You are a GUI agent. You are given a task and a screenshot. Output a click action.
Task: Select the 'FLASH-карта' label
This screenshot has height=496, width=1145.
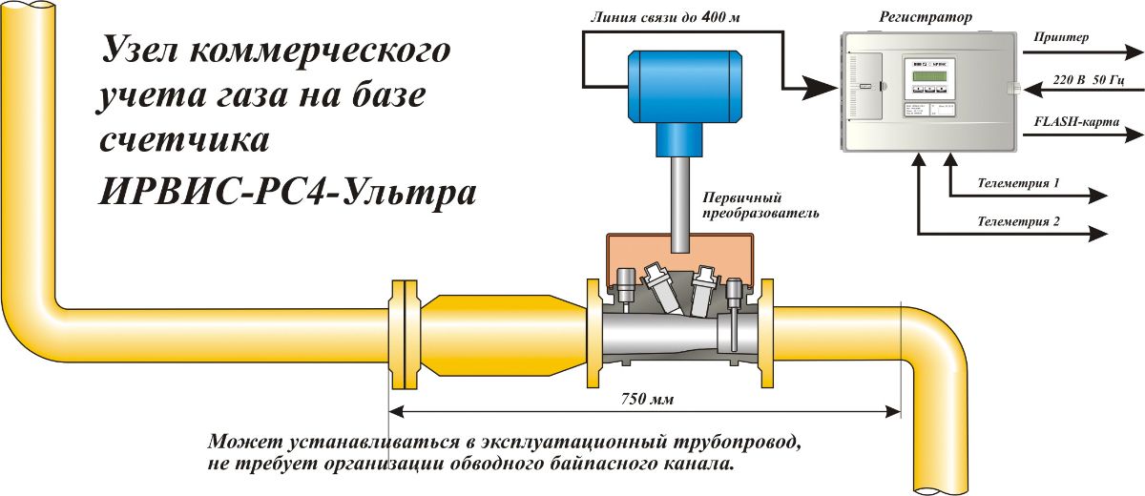tap(1076, 123)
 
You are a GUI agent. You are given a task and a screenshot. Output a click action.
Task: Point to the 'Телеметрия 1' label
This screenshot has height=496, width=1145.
tap(1019, 181)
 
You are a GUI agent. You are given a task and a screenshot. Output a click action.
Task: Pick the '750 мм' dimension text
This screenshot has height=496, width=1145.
tap(647, 400)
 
